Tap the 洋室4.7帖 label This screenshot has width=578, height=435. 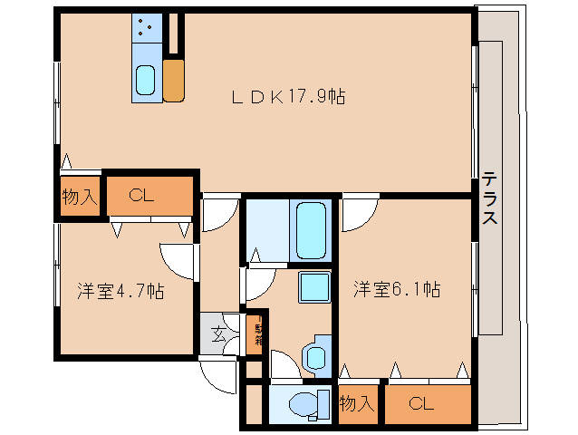point(120,291)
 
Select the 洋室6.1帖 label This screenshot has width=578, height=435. point(397,289)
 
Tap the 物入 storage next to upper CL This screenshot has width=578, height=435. point(79,194)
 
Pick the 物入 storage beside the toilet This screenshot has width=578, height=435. point(357,403)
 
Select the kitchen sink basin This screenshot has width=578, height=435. point(145,81)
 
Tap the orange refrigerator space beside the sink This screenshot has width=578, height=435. point(174,80)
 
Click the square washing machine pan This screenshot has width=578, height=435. point(313,286)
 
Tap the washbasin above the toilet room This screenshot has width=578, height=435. point(317,354)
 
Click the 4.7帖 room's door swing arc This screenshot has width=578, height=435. point(178,261)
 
